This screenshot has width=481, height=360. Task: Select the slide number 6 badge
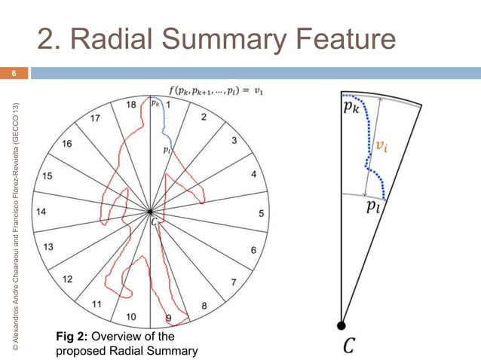click(x=13, y=74)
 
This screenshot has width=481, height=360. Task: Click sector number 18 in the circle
click(x=130, y=105)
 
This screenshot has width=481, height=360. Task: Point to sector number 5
click(x=262, y=213)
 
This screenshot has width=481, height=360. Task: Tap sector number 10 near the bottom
click(x=131, y=316)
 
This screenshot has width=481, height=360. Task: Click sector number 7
click(x=234, y=282)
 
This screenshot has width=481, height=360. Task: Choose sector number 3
click(x=234, y=140)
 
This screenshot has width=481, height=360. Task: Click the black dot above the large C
click(x=342, y=325)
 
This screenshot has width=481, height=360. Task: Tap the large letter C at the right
click(x=349, y=346)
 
